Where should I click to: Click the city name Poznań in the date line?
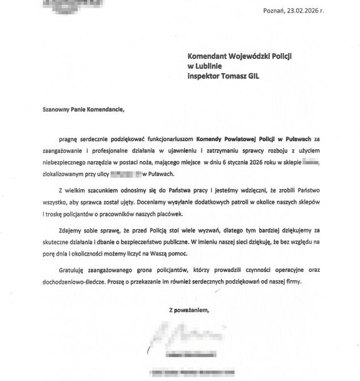pos(276,11)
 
